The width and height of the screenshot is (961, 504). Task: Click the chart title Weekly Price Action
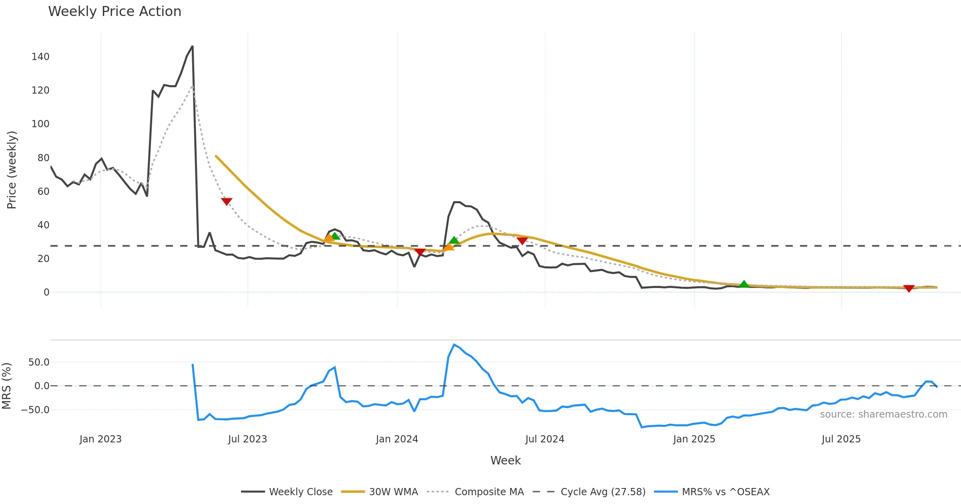115,12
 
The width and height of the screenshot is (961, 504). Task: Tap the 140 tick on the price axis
40,57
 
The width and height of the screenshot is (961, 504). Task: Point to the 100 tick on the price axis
40,124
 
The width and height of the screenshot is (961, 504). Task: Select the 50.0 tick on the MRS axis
39,362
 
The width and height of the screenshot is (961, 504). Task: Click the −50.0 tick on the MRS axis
35,410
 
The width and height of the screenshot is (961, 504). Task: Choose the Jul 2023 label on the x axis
247,439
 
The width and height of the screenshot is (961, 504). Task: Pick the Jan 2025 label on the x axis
694,439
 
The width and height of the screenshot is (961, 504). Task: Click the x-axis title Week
505,461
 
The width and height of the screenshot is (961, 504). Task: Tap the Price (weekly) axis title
12,170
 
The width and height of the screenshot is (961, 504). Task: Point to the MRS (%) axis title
6,386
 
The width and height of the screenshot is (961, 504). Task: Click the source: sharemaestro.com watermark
883,414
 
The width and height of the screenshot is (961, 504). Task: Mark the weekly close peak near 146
193,46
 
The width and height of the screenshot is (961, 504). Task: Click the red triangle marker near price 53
227,202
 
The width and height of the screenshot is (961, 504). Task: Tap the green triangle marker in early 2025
744,284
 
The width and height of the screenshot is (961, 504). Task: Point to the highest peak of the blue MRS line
454,344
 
